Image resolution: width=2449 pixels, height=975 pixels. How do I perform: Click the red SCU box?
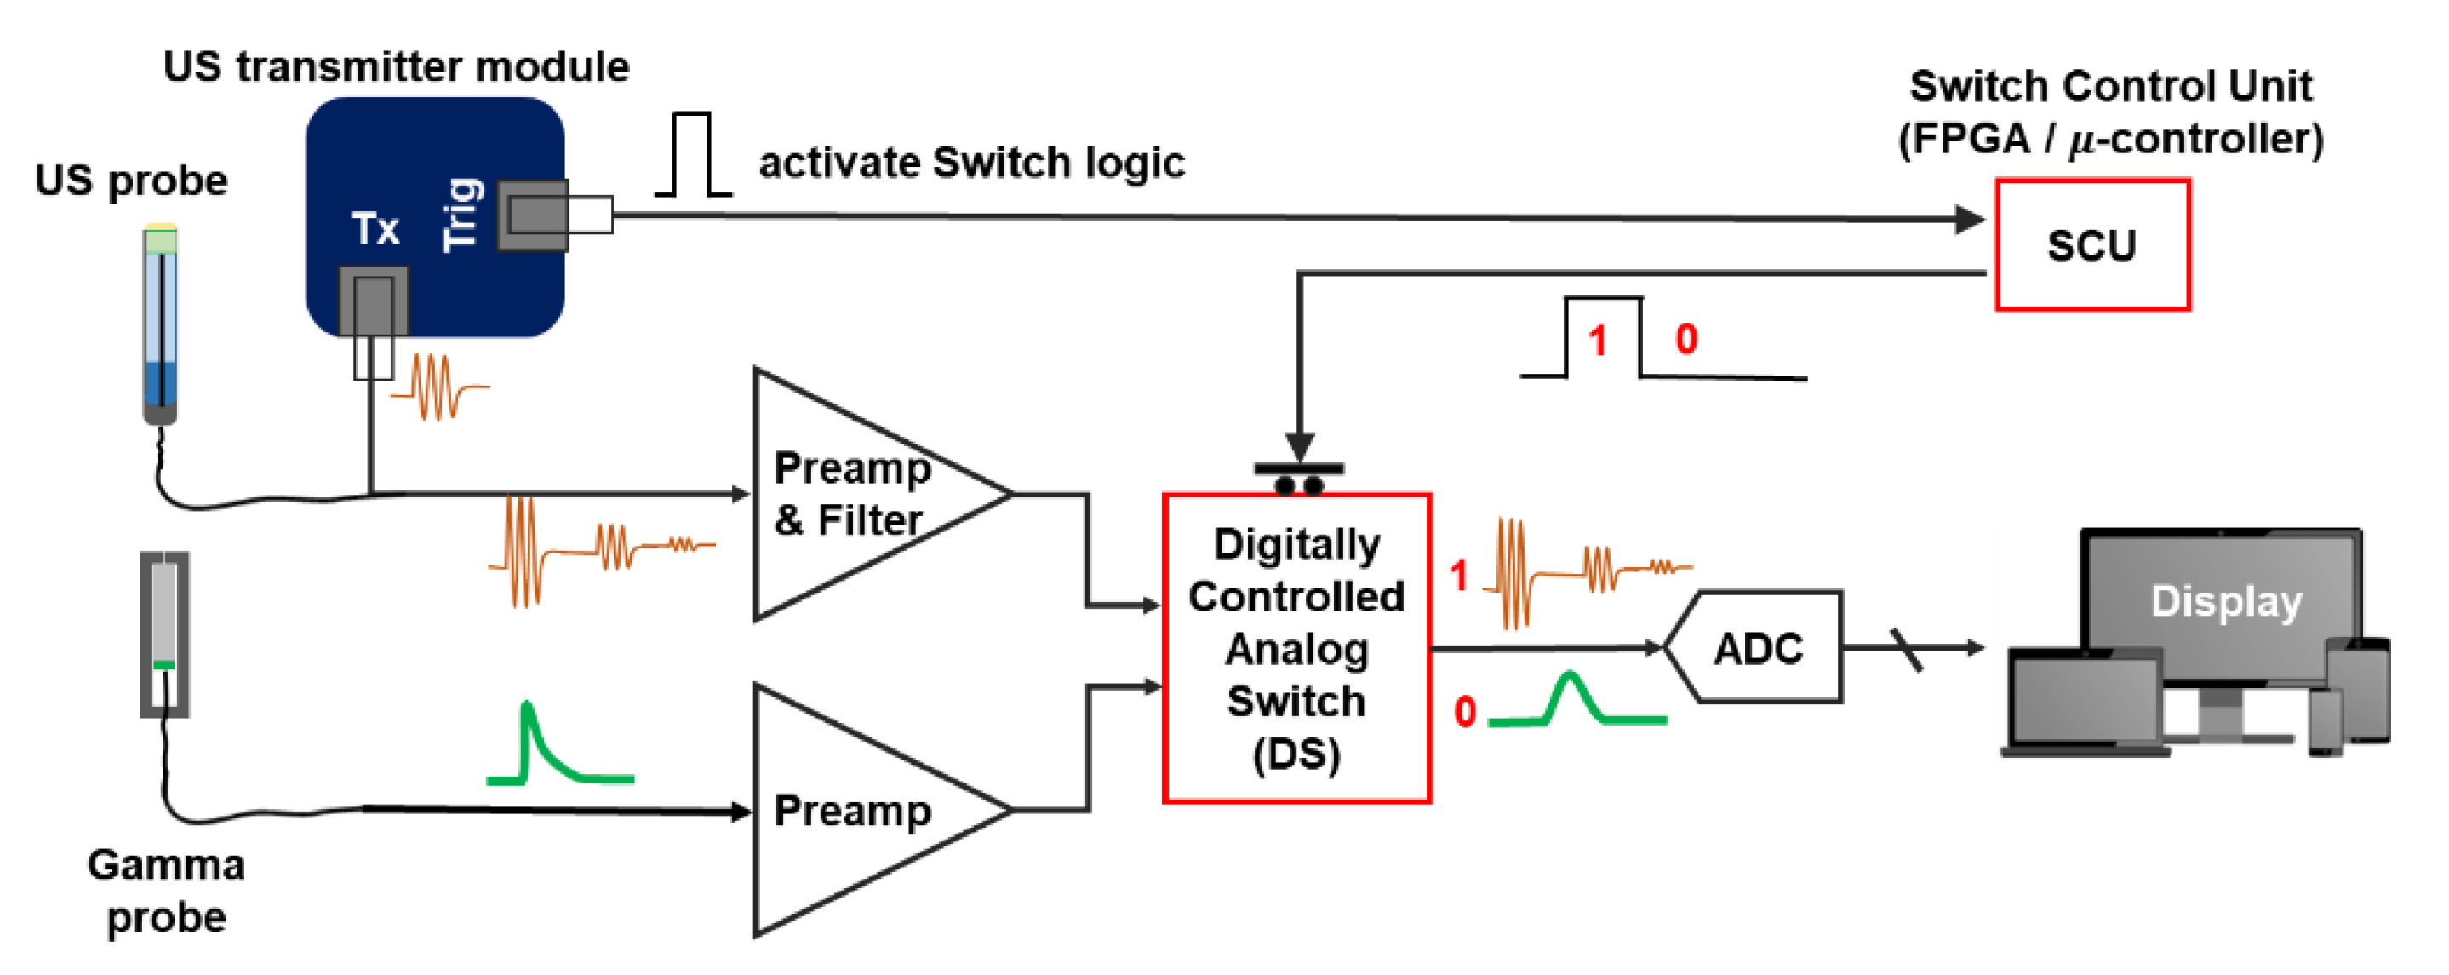[2091, 244]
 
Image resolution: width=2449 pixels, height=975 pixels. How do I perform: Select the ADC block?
[1757, 648]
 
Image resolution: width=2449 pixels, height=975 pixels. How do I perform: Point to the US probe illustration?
[161, 324]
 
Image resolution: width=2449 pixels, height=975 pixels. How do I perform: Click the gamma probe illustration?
[164, 634]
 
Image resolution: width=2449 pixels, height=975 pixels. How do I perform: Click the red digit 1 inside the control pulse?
[1597, 341]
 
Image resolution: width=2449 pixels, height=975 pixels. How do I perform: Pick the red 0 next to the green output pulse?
[1464, 713]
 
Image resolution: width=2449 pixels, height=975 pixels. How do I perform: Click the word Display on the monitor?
[2226, 601]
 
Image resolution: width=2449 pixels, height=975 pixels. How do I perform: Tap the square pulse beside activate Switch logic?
[692, 155]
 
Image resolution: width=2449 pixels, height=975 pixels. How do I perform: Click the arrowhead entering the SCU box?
[1968, 220]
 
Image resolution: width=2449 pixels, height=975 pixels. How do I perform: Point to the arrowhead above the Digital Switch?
[1299, 445]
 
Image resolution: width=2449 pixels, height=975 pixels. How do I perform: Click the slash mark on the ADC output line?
[1906, 650]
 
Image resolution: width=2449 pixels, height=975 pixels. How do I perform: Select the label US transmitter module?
[396, 66]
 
